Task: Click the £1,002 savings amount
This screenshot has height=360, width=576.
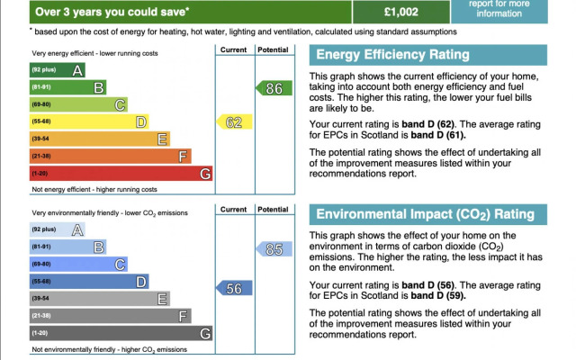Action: point(400,12)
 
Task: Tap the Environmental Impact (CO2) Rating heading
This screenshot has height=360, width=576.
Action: point(423,215)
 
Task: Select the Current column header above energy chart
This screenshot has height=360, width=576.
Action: point(234,49)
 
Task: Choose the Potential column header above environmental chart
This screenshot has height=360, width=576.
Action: point(272,210)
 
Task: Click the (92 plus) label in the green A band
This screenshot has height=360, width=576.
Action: point(44,70)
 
